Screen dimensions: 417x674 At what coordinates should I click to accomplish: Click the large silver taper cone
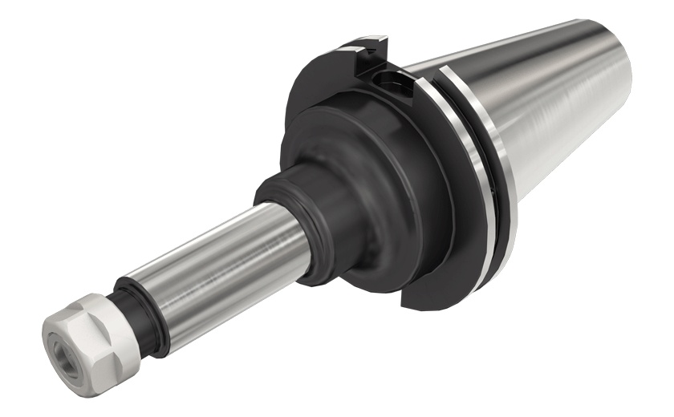(x=562, y=104)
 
